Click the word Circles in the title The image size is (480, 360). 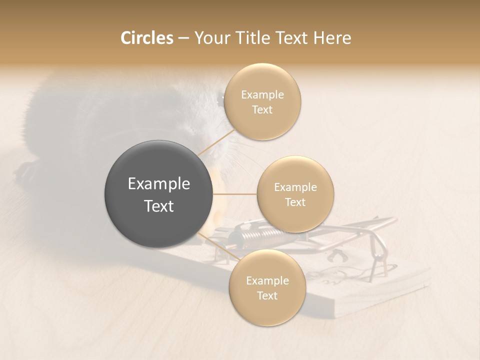point(146,38)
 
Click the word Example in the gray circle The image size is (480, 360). point(158,184)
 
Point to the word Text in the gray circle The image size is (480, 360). point(158,206)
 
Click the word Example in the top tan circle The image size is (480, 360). point(262,95)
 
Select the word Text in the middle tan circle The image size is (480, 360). point(295,202)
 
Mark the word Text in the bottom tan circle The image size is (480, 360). point(267,295)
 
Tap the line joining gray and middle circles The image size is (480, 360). point(235,193)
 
